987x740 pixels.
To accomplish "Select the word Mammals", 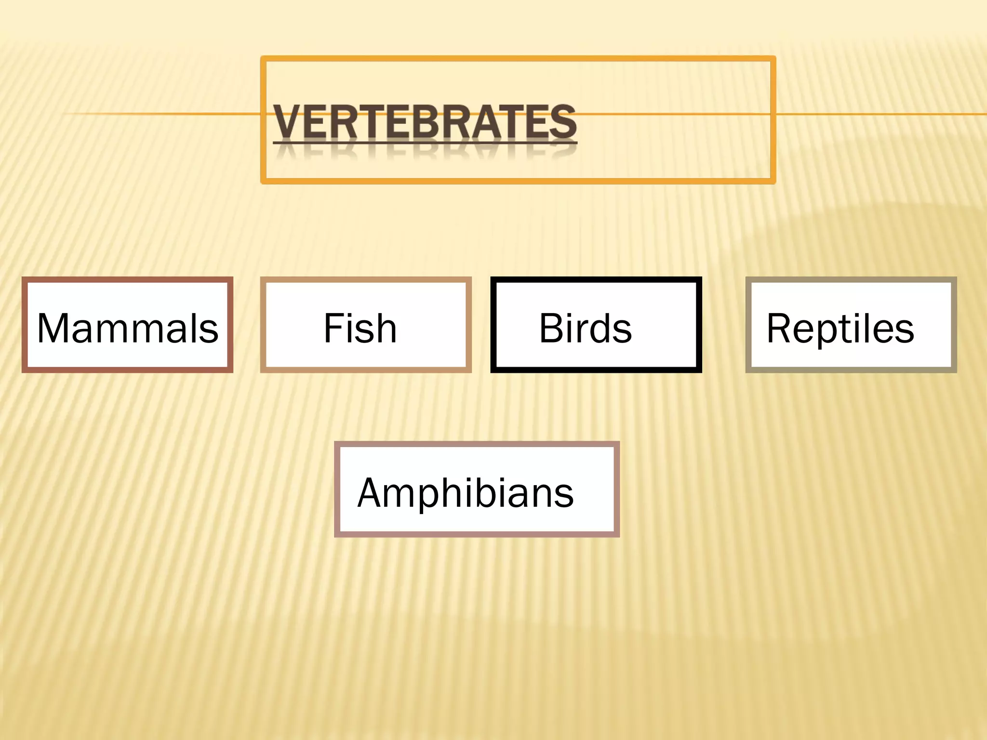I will click(128, 329).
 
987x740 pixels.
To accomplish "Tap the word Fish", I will click(360, 329).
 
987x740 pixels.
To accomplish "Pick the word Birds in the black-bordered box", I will click(585, 329).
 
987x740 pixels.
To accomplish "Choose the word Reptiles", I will click(840, 329).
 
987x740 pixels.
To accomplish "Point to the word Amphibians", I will click(466, 493).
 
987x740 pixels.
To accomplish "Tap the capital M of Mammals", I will click(54, 329).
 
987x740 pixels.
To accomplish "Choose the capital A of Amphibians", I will click(372, 493).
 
